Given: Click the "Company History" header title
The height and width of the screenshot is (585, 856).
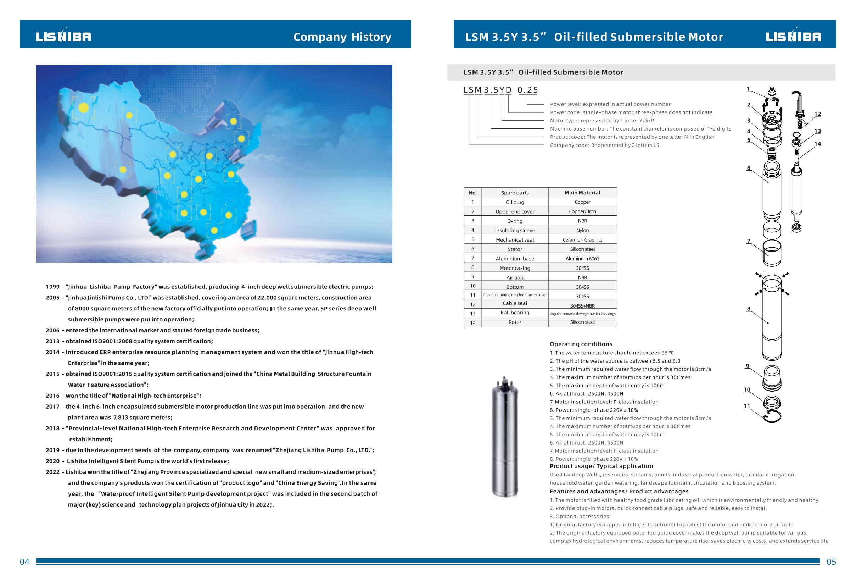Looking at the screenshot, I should pyautogui.click(x=342, y=37).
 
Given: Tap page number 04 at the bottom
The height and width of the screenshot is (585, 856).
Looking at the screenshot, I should pyautogui.click(x=24, y=562).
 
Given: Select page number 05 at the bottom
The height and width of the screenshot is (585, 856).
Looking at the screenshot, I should pyautogui.click(x=831, y=562).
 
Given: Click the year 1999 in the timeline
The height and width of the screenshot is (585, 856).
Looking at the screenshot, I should pyautogui.click(x=52, y=287).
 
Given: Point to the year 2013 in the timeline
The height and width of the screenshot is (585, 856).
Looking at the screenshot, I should pyautogui.click(x=52, y=341).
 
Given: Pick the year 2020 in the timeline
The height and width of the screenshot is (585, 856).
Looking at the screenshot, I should pyautogui.click(x=52, y=461).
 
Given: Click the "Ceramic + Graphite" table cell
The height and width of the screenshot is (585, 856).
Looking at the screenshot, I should pyautogui.click(x=582, y=240).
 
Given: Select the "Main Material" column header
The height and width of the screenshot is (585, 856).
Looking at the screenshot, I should pyautogui.click(x=582, y=193).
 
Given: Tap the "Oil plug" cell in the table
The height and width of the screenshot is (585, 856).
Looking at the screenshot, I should pyautogui.click(x=515, y=202).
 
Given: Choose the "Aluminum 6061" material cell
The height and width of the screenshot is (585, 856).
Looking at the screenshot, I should pyautogui.click(x=582, y=259).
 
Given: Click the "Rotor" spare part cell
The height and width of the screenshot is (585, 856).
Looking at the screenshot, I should pyautogui.click(x=515, y=322).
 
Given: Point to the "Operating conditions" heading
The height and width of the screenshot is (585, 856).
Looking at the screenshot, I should pyautogui.click(x=581, y=344).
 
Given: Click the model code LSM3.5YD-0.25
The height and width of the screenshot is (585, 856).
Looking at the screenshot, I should pyautogui.click(x=500, y=90).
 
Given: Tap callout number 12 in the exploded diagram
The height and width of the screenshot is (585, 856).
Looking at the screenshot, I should pyautogui.click(x=817, y=114).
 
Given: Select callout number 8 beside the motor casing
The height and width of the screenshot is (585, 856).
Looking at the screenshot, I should pyautogui.click(x=749, y=309).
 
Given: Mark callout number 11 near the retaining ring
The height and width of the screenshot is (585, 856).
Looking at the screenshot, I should pyautogui.click(x=746, y=406).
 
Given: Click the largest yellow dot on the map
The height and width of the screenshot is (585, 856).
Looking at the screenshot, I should pyautogui.click(x=84, y=107).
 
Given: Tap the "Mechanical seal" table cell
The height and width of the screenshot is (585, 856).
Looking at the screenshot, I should pyautogui.click(x=515, y=240).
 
